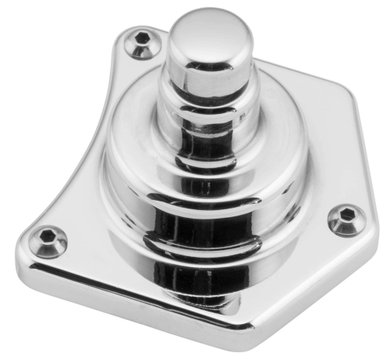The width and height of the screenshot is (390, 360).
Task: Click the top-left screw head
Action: pos(141,45)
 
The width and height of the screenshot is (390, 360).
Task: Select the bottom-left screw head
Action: pos(49,238)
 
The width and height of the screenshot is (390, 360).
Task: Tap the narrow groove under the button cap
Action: pos(205,84)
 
